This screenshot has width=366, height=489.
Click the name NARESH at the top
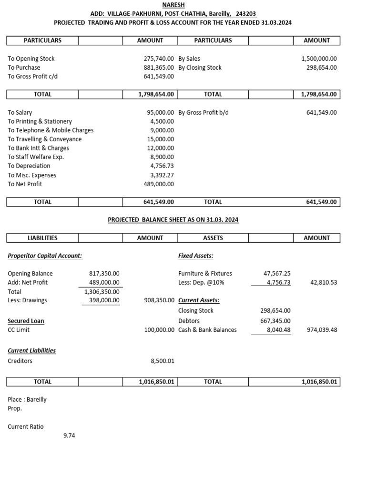tap(173, 4)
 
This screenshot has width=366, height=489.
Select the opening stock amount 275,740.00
tap(159, 59)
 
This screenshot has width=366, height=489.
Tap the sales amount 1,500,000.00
tap(319, 59)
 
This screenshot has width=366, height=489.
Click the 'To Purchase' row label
tap(24, 67)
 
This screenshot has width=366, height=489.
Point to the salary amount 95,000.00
tap(161, 113)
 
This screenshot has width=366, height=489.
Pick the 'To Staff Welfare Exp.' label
tap(36, 157)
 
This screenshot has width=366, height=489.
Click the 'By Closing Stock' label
tap(200, 67)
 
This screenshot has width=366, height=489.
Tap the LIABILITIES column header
tap(42, 238)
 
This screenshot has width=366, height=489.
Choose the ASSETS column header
tap(213, 238)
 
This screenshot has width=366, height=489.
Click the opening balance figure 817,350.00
tap(104, 274)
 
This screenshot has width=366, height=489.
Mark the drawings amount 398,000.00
tap(104, 300)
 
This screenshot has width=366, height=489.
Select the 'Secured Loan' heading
tap(26, 321)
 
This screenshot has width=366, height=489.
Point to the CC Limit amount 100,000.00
tap(159, 330)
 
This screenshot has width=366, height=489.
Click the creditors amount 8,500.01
tap(162, 361)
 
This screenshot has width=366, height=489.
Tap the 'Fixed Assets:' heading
tap(195, 256)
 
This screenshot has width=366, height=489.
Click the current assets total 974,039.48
tap(319, 330)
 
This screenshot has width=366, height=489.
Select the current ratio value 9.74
tap(69, 436)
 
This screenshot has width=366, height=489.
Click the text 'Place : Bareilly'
tap(27, 400)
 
